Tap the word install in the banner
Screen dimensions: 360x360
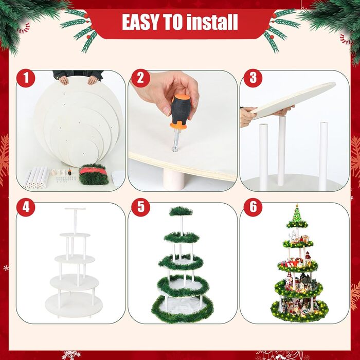pyautogui.click(x=212, y=22)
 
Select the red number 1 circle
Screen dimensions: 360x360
pyautogui.click(x=26, y=78)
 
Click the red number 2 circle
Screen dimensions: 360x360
pyautogui.click(x=140, y=78)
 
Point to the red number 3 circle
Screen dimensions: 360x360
pyautogui.click(x=253, y=78)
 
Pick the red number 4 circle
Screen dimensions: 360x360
pyautogui.click(x=26, y=207)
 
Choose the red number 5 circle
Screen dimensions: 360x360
pyautogui.click(x=140, y=207)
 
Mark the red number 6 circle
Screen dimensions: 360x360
pyautogui.click(x=253, y=207)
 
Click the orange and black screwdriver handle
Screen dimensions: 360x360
pyautogui.click(x=181, y=112)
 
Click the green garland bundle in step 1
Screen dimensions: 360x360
pyautogui.click(x=94, y=174)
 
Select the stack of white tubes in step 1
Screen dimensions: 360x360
pyautogui.click(x=37, y=178)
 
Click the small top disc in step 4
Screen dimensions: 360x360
pyautogui.click(x=75, y=209)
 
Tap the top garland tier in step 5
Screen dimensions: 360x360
pyautogui.click(x=181, y=211)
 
